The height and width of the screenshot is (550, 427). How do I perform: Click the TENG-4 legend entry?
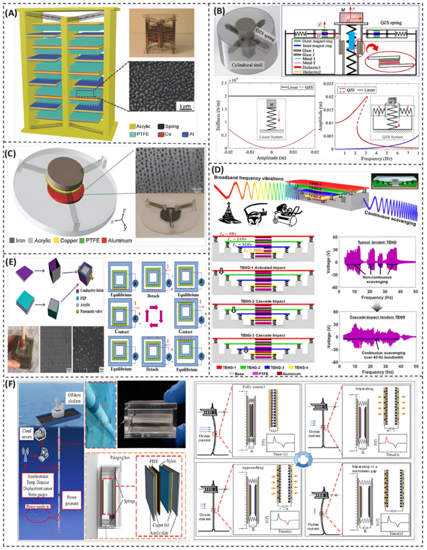tap(299, 368)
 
